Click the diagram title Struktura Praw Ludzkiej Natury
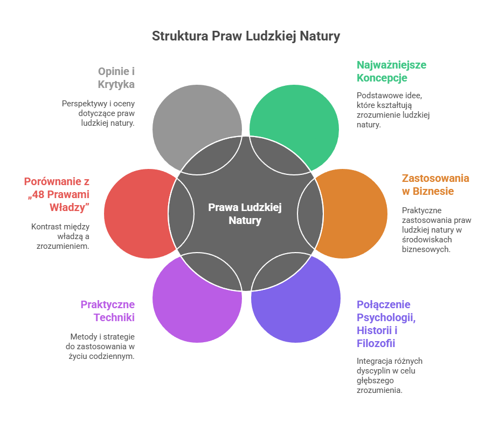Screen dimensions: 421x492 point(246,37)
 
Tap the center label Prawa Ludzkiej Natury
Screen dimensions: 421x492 point(245,214)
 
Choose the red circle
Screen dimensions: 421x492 point(132,214)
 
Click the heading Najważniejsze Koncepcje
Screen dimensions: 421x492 point(391,71)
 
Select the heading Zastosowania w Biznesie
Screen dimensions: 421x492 point(435,185)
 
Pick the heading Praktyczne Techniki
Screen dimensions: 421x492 point(108,310)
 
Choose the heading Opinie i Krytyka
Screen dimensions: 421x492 point(116,77)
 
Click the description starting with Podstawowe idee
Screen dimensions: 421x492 point(393,110)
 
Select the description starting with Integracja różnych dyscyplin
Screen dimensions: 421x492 point(389,375)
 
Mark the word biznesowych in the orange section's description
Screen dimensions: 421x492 point(426,249)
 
